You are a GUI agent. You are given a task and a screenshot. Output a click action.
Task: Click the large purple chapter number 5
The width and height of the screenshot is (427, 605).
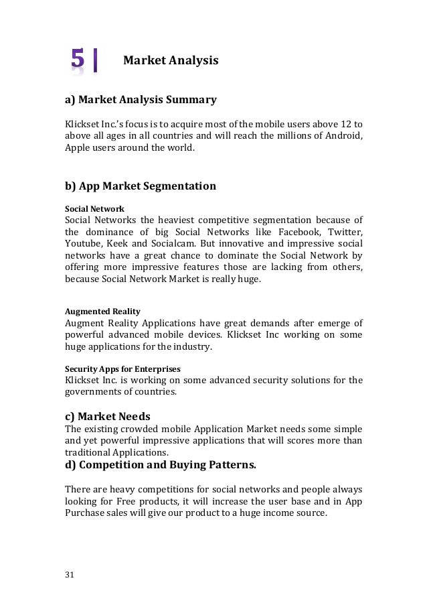coord(78,61)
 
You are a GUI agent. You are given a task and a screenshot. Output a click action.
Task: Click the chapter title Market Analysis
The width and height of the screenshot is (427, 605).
coord(171,62)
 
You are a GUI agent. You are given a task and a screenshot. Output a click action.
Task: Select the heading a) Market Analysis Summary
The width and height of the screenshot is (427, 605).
coord(141,100)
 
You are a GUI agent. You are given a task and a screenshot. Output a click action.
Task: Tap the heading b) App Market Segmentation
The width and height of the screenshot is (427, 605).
coord(140,186)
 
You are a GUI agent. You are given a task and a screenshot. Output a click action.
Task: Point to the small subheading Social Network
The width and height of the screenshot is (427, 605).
coord(94,208)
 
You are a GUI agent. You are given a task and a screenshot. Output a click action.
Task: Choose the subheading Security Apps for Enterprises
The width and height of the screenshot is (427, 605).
coord(122,368)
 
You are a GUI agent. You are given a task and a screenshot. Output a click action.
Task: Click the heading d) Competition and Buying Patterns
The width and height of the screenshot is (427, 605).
coord(160,464)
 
